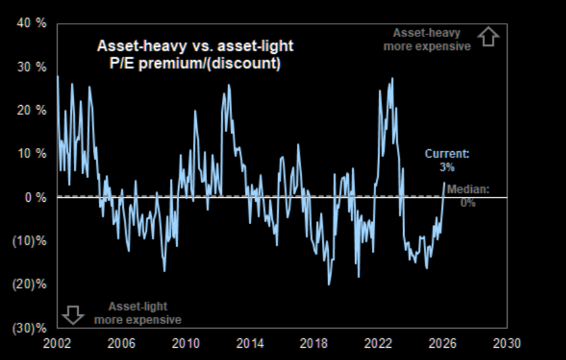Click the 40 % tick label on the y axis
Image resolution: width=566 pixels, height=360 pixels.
(x=32, y=24)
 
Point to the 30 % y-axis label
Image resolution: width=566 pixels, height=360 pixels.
(x=32, y=67)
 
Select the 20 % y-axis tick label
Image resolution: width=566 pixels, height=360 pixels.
(x=32, y=110)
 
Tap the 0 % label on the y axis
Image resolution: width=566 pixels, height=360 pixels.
(x=35, y=197)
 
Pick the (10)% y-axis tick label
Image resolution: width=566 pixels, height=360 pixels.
(x=31, y=241)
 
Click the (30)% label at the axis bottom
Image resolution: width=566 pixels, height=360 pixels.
(x=31, y=328)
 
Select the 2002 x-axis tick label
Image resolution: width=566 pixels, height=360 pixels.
(x=56, y=343)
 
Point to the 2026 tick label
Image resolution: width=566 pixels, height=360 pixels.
(x=443, y=343)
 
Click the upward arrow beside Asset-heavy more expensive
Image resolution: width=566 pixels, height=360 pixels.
(x=489, y=38)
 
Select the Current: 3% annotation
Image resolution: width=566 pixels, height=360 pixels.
(x=447, y=160)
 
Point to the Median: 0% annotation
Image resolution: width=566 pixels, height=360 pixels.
(x=468, y=195)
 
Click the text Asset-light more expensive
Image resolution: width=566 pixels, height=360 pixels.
(x=138, y=313)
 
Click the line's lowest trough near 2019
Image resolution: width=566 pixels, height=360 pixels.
(x=329, y=284)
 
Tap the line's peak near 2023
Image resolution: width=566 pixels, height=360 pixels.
(x=392, y=78)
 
